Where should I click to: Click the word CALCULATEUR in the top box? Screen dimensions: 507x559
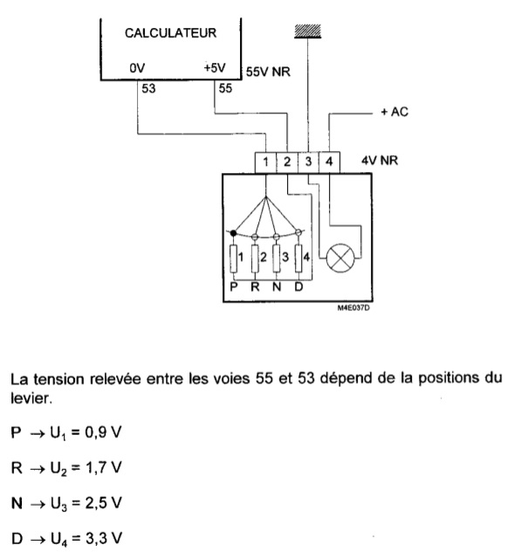(170, 33)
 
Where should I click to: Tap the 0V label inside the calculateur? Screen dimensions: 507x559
(137, 68)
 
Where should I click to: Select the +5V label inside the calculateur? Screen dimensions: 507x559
(215, 68)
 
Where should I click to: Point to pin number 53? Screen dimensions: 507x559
(148, 88)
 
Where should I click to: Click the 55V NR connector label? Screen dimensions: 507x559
(268, 72)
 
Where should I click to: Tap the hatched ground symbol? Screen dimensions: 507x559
(308, 31)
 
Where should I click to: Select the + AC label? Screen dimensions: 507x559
(394, 112)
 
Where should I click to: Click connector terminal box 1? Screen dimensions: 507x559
(266, 162)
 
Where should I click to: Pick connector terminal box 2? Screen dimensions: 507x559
(287, 162)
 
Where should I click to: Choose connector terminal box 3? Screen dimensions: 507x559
(308, 162)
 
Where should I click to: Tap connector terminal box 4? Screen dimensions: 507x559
(329, 162)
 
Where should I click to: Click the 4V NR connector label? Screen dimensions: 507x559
(380, 161)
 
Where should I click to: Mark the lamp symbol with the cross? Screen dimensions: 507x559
(340, 258)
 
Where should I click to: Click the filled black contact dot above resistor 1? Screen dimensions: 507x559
(233, 233)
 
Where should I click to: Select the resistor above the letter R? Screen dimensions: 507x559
(255, 259)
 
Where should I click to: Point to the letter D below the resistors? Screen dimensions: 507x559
(298, 286)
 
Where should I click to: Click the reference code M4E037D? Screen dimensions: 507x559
(353, 307)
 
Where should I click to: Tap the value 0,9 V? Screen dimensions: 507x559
(103, 432)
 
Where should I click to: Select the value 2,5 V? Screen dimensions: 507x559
(103, 503)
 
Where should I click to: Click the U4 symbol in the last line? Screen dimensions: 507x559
(58, 540)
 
